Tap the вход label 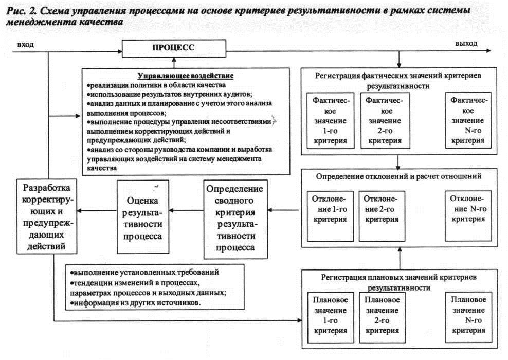point(26,45)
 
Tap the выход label point(465,44)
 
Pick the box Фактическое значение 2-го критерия point(383,119)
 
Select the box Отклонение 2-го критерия point(383,215)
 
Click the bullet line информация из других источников point(135,303)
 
